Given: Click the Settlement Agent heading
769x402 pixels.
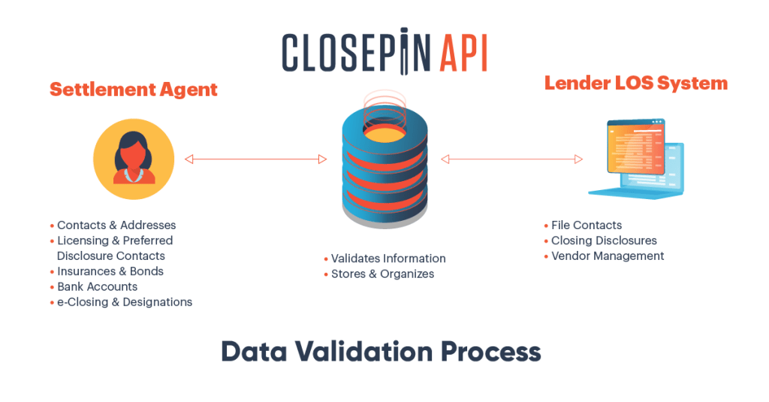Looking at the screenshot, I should pyautogui.click(x=133, y=89).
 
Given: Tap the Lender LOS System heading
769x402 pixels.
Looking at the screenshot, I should pyautogui.click(x=635, y=83).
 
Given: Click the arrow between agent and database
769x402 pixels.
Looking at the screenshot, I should pyautogui.click(x=255, y=159).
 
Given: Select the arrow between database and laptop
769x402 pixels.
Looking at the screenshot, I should pyautogui.click(x=511, y=159).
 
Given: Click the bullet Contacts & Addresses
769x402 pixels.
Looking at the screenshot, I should pyautogui.click(x=116, y=225).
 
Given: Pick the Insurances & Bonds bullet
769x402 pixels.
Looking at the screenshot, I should pyautogui.click(x=110, y=271).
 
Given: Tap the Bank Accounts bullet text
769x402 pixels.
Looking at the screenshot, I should pyautogui.click(x=97, y=286).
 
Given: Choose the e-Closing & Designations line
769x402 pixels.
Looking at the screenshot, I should pyautogui.click(x=125, y=302).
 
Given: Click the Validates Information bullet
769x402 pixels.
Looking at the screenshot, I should pyautogui.click(x=388, y=258).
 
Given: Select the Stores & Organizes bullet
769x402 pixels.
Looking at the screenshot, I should pyautogui.click(x=382, y=274).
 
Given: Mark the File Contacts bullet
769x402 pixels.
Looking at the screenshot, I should pyautogui.click(x=587, y=225).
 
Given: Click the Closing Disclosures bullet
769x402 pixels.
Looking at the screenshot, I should pyautogui.click(x=604, y=240).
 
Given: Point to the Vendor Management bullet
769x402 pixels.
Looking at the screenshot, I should pyautogui.click(x=608, y=255).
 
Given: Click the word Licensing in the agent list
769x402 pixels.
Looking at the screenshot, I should pyautogui.click(x=83, y=240).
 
